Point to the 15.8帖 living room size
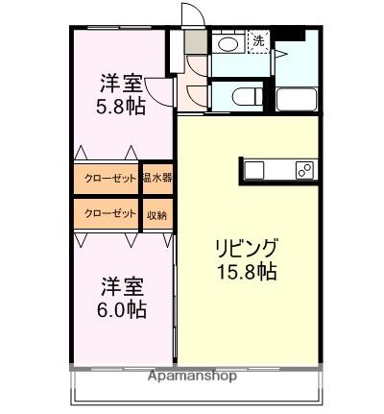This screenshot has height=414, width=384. click(248, 272)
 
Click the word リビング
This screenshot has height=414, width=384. click(247, 247)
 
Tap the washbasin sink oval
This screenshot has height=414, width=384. click(228, 45)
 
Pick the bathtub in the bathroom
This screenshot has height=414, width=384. click(296, 99)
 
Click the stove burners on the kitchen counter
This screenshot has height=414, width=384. click(303, 170)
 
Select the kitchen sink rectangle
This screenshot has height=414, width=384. click(255, 170)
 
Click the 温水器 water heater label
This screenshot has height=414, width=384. click(156, 179)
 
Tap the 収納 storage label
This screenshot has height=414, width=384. click(156, 213)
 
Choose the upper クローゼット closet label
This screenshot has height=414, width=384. click(108, 179)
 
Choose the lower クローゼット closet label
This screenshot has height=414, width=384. click(108, 213)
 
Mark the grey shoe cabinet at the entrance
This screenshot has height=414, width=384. click(195, 41)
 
